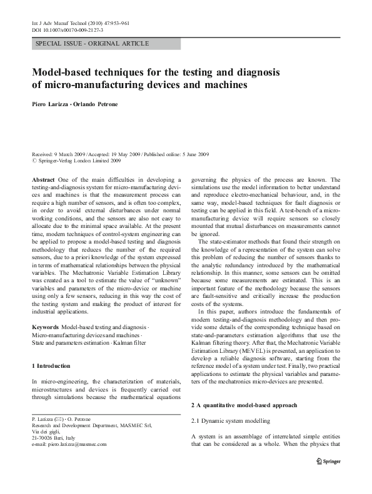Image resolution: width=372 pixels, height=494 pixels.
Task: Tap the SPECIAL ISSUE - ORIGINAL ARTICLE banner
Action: [93, 44]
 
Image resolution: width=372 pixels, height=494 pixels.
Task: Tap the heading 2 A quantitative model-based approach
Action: [244, 405]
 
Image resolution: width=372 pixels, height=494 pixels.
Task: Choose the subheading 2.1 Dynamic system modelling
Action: [231, 421]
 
